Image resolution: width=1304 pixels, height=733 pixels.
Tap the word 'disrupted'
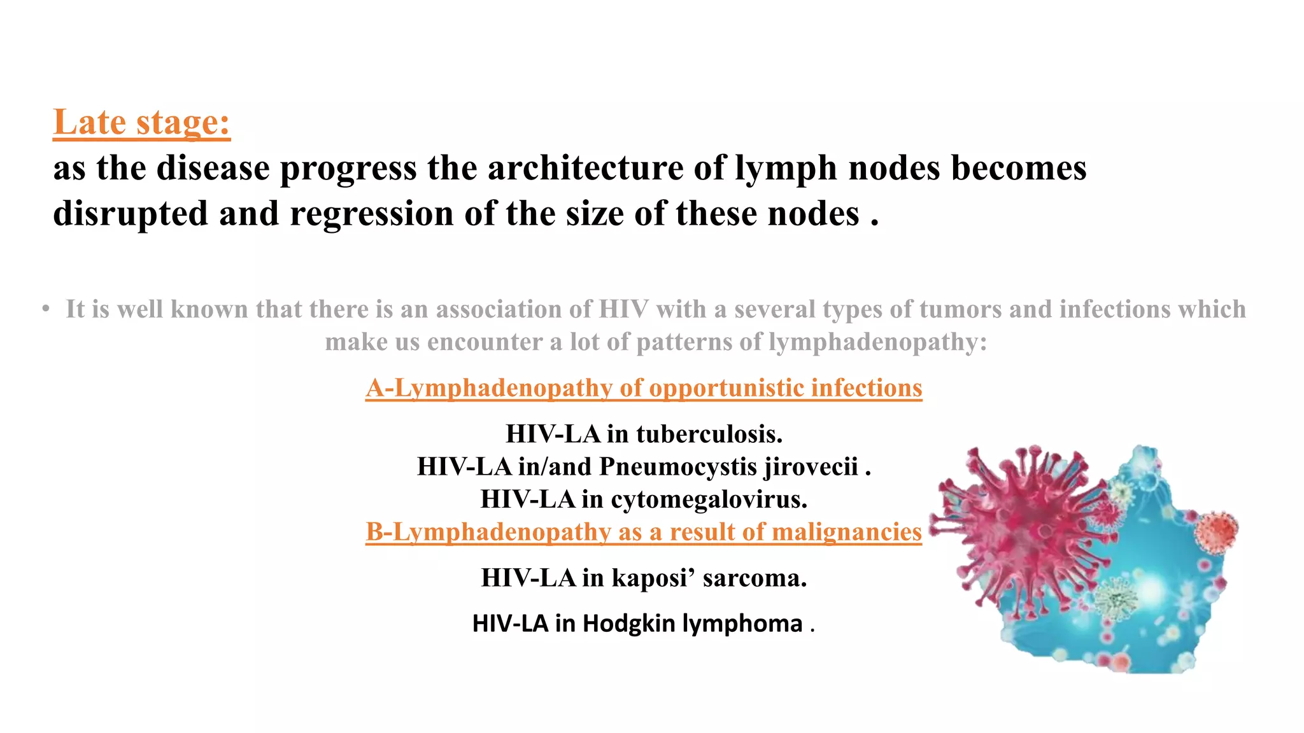coord(131,214)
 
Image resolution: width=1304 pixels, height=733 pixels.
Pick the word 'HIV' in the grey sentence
coord(623,310)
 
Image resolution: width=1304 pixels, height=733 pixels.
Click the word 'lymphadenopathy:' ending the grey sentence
coord(877,342)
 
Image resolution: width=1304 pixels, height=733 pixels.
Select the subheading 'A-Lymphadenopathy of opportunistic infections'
coord(643,388)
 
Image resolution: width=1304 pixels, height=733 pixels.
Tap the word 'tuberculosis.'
coord(709,435)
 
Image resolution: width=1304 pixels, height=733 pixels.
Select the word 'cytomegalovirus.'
coord(709,499)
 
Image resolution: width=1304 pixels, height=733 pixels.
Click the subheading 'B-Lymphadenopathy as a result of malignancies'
coord(643,532)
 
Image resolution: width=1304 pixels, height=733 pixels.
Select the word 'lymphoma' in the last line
coord(742,624)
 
